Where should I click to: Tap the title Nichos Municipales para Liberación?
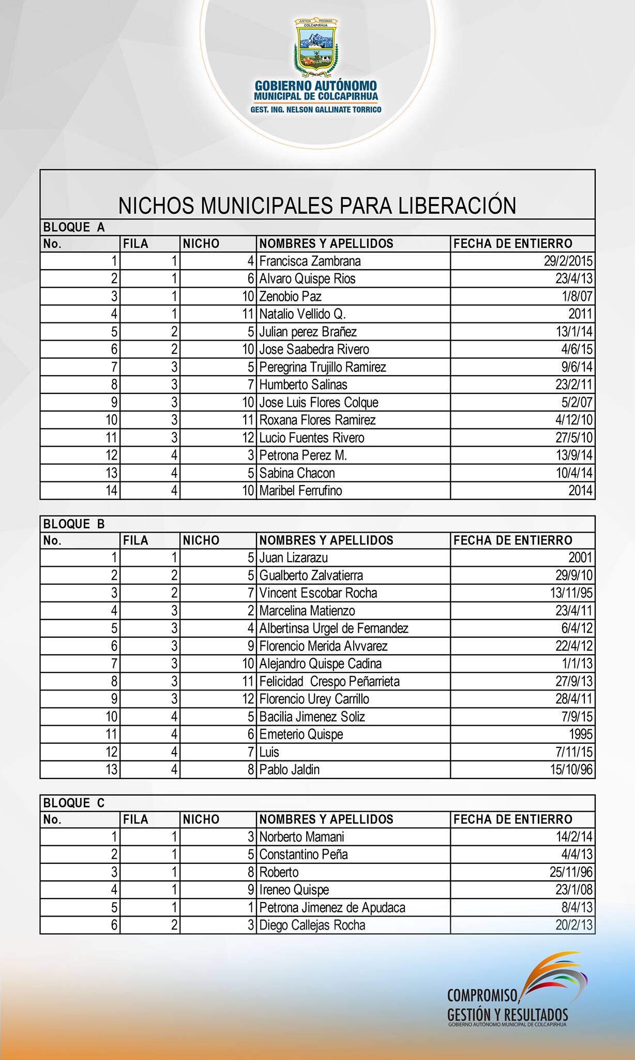click(x=317, y=205)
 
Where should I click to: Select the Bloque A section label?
click(x=74, y=227)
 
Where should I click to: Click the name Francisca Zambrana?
click(x=310, y=261)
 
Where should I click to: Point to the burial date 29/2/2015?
click(x=568, y=261)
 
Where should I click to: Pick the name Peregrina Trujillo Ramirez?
click(x=322, y=367)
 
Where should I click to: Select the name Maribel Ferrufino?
click(x=300, y=490)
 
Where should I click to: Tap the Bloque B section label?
click(x=74, y=524)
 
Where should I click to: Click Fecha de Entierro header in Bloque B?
click(x=512, y=540)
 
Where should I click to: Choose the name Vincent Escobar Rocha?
click(x=318, y=593)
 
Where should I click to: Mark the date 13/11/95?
click(x=571, y=593)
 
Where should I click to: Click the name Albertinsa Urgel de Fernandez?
click(x=334, y=628)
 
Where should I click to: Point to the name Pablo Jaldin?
click(x=289, y=770)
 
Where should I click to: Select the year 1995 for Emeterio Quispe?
click(x=580, y=734)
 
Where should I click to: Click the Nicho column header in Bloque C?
click(x=201, y=819)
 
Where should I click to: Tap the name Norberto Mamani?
click(x=301, y=837)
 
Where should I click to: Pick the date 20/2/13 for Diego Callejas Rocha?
click(x=574, y=925)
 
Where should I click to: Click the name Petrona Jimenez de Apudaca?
click(x=332, y=907)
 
